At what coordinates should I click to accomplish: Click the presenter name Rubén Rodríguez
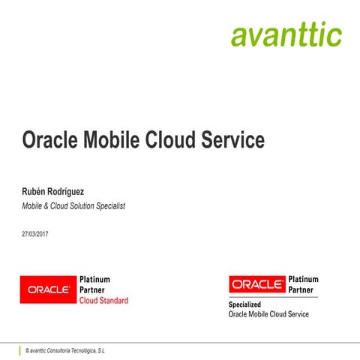(57, 191)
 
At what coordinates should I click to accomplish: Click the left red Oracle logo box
(48, 289)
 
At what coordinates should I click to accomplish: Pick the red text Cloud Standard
(103, 301)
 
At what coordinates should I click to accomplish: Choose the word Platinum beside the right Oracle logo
(303, 279)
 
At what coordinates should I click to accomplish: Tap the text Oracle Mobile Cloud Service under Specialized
(268, 314)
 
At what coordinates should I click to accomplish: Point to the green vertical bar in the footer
(20, 349)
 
